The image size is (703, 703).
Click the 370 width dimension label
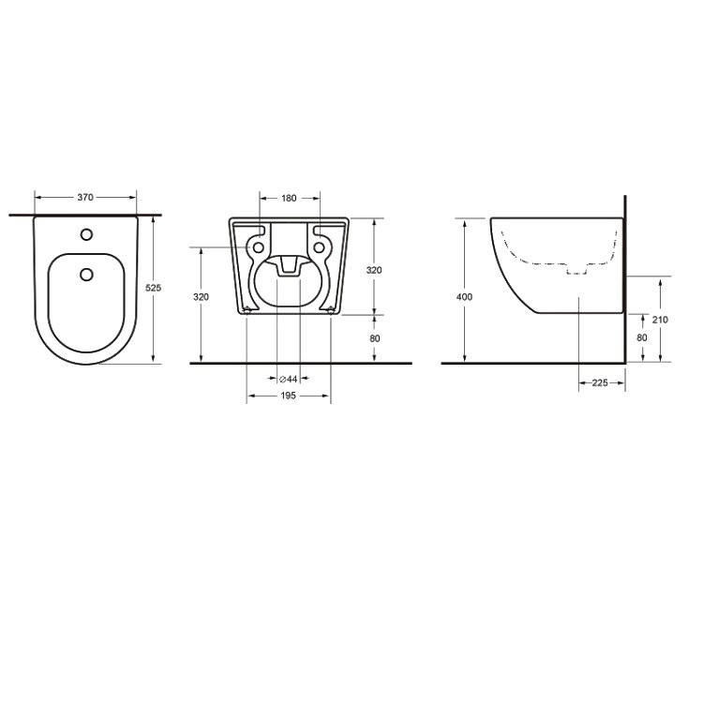pyautogui.click(x=85, y=197)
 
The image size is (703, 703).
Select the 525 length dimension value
pyautogui.click(x=154, y=288)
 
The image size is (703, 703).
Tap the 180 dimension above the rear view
pyautogui.click(x=290, y=198)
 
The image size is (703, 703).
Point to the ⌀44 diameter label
pyautogui.click(x=289, y=380)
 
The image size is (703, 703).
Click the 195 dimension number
pyautogui.click(x=289, y=396)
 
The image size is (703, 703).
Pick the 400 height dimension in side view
pyautogui.click(x=465, y=297)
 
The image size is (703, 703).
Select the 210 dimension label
pyautogui.click(x=660, y=320)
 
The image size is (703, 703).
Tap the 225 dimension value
pyautogui.click(x=600, y=382)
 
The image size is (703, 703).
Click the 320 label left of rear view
pyautogui.click(x=201, y=297)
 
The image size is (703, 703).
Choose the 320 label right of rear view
pyautogui.click(x=374, y=270)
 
